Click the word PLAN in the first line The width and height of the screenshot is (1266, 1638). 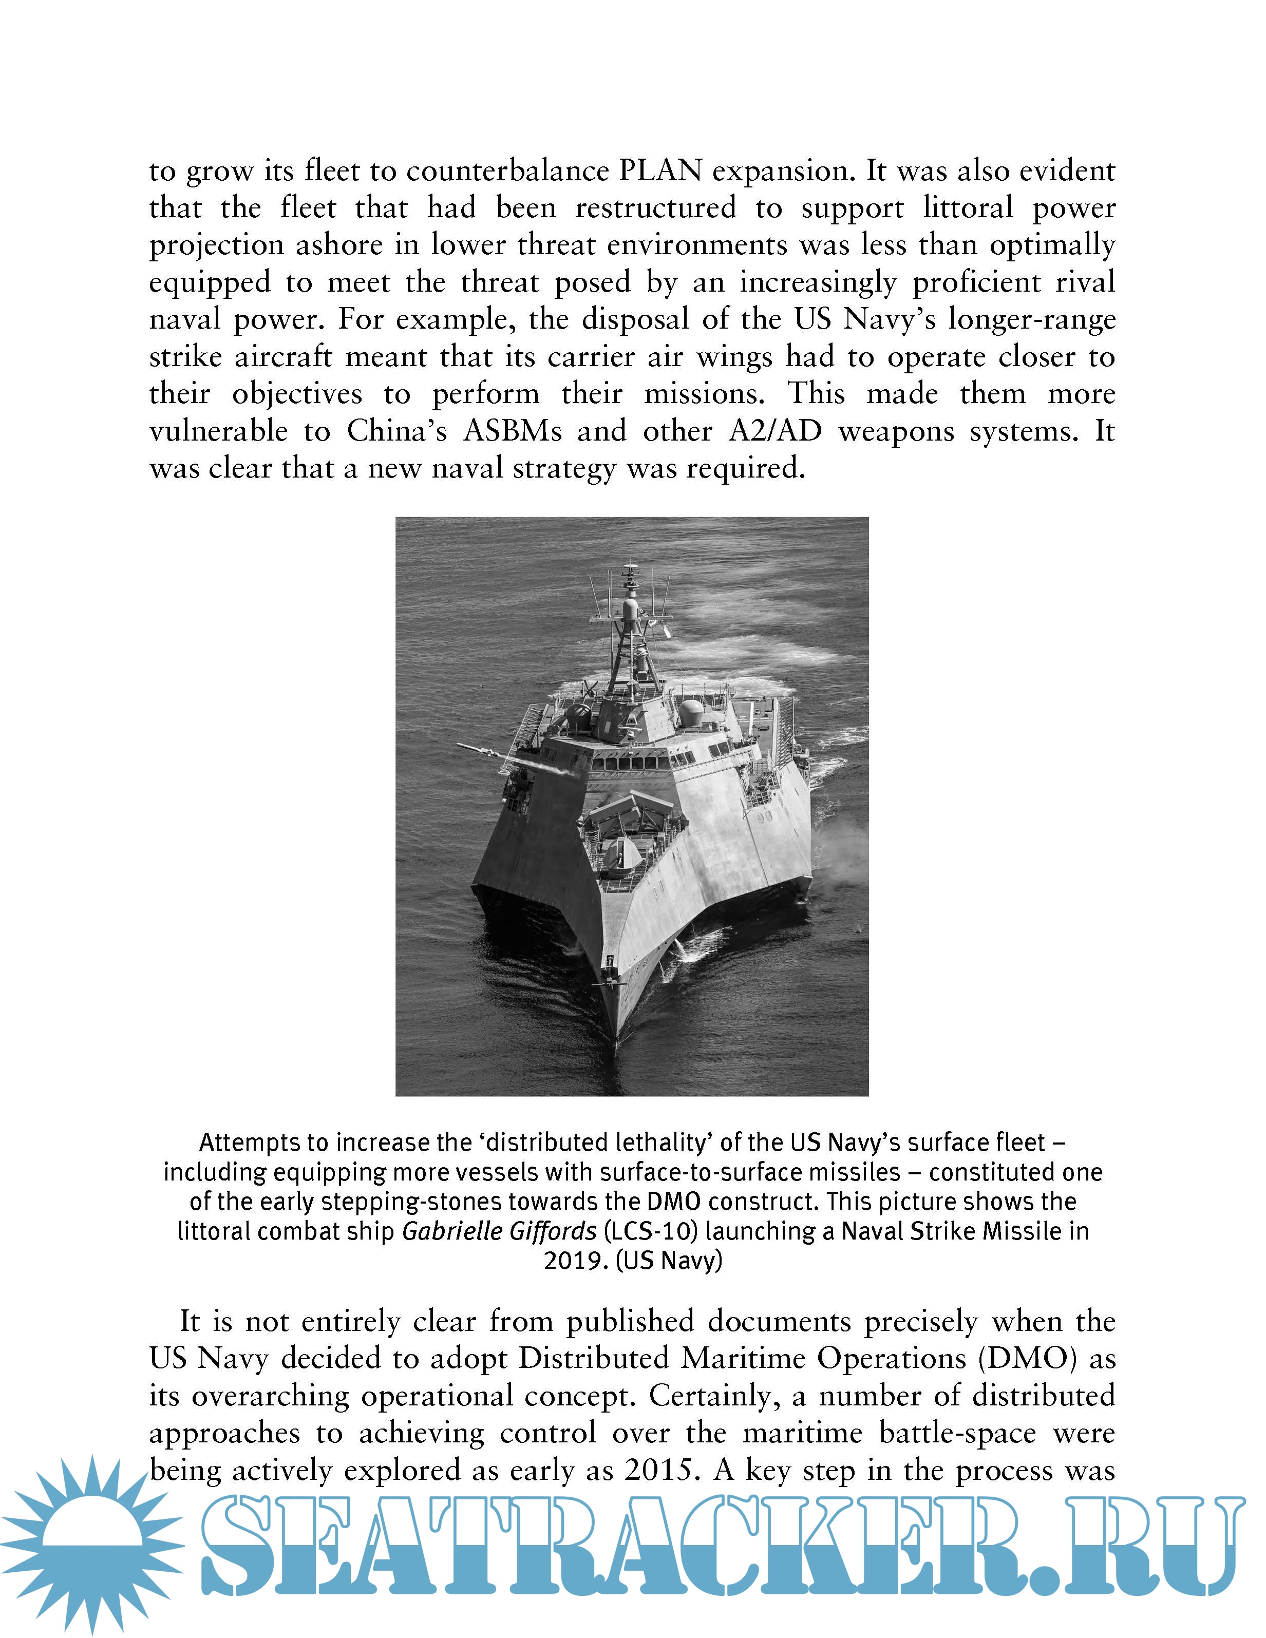coord(659,171)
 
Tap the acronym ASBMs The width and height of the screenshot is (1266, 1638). coord(512,431)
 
